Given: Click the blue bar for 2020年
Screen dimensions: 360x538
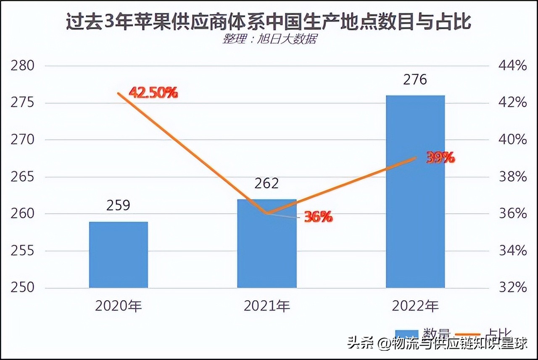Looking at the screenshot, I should tap(119, 255).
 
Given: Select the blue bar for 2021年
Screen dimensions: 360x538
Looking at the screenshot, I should tap(267, 244).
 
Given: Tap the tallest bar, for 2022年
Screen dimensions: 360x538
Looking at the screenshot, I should tap(415, 191).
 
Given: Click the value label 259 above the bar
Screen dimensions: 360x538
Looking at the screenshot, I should tap(119, 205).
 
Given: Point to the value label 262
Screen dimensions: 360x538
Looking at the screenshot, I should tap(267, 183).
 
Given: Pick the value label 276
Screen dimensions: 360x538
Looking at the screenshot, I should tap(415, 79).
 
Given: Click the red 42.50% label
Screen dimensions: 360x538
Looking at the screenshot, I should tap(153, 93).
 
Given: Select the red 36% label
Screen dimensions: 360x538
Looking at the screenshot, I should tap(318, 217).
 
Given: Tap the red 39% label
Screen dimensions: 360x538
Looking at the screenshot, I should tap(440, 158).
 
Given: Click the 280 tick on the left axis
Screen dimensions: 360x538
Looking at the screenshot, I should tap(22, 66).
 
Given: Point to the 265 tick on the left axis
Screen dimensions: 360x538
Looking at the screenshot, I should tap(22, 177).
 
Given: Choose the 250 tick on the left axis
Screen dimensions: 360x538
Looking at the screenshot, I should tap(22, 288).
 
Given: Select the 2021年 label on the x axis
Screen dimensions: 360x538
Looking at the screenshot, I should tap(267, 306).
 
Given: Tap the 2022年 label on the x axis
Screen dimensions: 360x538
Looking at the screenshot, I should tap(415, 306).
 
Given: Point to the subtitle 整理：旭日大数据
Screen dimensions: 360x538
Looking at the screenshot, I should tap(269, 39).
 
